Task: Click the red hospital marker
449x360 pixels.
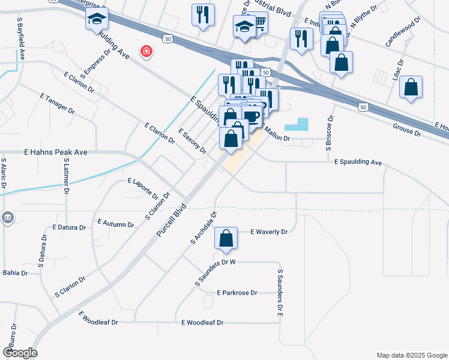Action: (145, 52)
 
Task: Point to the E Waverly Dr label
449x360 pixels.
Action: (269, 232)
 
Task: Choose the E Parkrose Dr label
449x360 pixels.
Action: (237, 293)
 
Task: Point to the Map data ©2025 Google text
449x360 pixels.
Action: (412, 355)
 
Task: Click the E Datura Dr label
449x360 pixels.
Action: (71, 227)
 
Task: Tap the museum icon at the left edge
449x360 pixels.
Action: (7, 217)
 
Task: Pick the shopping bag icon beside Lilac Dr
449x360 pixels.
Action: (411, 88)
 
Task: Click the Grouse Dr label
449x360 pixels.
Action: (406, 128)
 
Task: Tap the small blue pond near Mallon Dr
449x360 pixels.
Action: (296, 125)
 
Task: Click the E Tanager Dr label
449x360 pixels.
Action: (57, 104)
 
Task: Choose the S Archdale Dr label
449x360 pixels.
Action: (203, 228)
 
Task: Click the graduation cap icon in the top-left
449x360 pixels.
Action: (97, 20)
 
